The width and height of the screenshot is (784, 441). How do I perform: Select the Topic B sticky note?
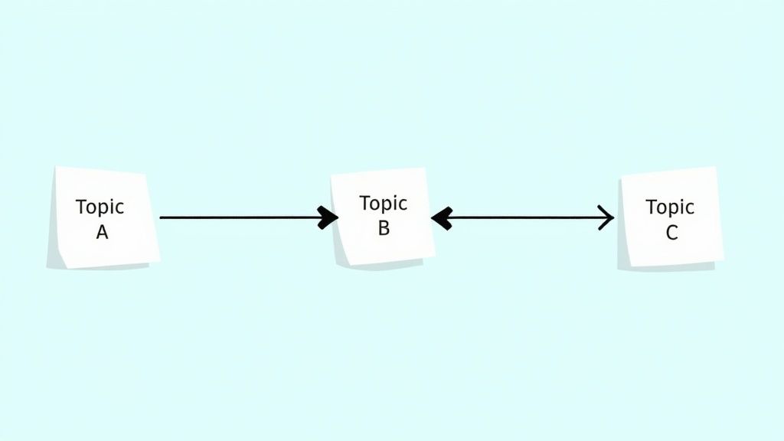click(x=383, y=217)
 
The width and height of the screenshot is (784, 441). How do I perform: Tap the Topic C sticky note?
click(x=670, y=218)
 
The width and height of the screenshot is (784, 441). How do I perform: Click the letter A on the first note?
click(x=102, y=232)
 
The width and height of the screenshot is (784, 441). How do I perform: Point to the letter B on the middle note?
click(x=384, y=228)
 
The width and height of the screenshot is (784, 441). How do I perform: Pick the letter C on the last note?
click(x=671, y=233)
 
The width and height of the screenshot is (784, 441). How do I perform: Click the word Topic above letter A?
click(x=100, y=207)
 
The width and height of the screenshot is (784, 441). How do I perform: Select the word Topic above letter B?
click(x=383, y=203)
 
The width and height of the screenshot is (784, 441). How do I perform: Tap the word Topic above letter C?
click(x=670, y=207)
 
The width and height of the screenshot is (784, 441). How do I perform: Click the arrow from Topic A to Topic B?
click(x=249, y=217)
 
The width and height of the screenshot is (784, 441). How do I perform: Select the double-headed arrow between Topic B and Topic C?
click(x=522, y=218)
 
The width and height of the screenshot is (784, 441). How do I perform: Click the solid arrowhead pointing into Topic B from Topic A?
click(x=328, y=217)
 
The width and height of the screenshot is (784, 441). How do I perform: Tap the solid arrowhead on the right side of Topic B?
click(x=442, y=218)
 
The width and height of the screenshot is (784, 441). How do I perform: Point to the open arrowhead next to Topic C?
click(x=607, y=217)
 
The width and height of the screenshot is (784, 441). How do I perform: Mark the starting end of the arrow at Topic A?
click(x=161, y=217)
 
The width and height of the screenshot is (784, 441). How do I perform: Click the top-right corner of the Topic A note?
click(x=145, y=175)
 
